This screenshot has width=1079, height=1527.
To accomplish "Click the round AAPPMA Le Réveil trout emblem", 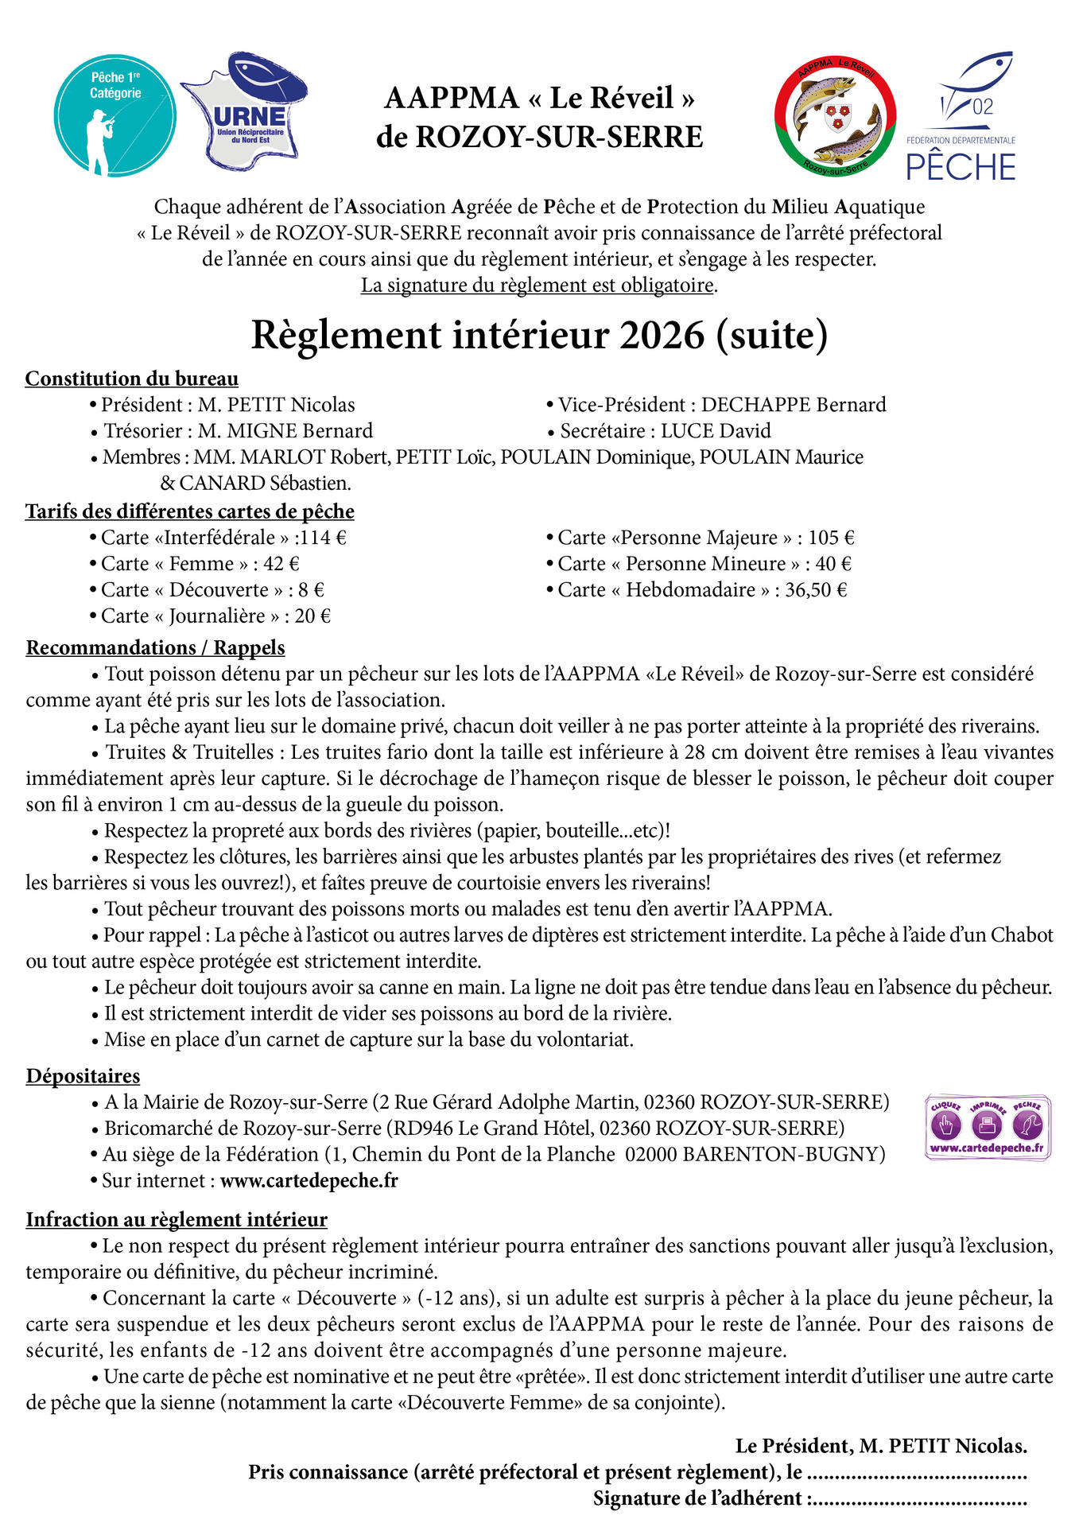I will (836, 116).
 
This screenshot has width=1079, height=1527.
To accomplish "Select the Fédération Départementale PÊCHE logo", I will (961, 118).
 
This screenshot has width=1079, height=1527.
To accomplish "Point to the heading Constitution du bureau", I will (132, 379).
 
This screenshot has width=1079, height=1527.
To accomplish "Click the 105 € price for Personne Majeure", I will (831, 538).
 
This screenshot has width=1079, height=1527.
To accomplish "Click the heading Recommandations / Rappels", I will (155, 647).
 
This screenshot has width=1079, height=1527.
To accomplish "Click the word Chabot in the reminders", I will (1021, 935).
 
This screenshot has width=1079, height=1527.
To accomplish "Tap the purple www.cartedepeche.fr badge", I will (988, 1127).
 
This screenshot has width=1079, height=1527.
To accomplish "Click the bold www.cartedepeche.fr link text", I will (309, 1181).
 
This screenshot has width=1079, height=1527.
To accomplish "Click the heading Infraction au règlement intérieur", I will (177, 1220).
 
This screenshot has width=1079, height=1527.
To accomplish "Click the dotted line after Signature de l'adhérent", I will (918, 1499).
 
